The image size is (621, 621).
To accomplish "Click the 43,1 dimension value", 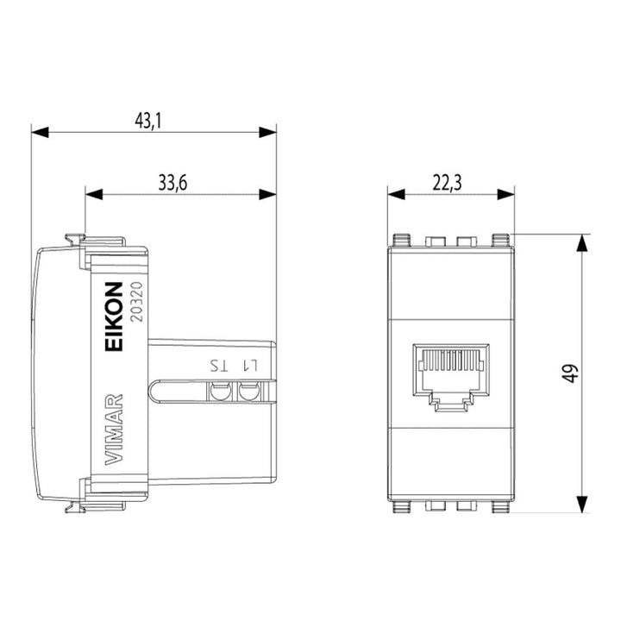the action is click(x=148, y=120).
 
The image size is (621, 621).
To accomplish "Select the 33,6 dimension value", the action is click(x=172, y=183).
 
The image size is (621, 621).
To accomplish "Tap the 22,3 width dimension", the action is click(x=447, y=183).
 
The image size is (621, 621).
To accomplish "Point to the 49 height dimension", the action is click(x=570, y=373).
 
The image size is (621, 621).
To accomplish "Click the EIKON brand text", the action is click(x=114, y=316).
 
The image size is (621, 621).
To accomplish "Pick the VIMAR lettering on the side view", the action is click(x=114, y=430).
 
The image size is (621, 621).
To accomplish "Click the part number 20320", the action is click(x=136, y=301).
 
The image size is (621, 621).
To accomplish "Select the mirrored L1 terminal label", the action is click(x=250, y=366).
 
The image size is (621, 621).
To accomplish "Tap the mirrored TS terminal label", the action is click(x=219, y=366).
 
